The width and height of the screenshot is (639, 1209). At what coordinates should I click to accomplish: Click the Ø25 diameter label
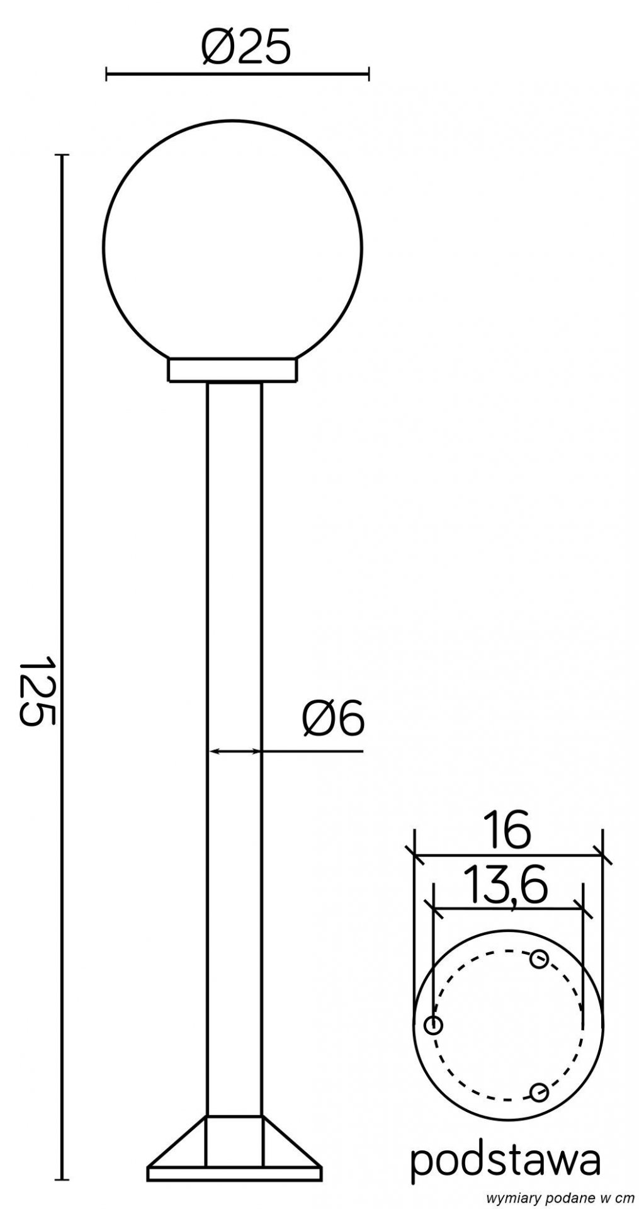[246, 47]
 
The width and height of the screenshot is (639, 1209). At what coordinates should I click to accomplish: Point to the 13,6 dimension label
[504, 886]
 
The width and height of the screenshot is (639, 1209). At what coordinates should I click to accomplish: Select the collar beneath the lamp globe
[233, 370]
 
